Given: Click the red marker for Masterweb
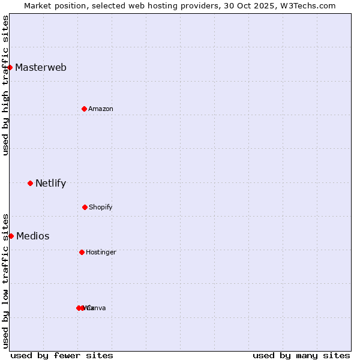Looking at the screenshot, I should (x=10, y=67).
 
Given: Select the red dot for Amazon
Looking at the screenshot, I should (x=85, y=109).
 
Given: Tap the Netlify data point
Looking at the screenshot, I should (x=30, y=183).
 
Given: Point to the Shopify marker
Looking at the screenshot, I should (x=85, y=207).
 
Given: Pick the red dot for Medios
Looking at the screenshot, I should (x=11, y=236).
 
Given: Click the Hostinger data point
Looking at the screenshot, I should (x=82, y=252).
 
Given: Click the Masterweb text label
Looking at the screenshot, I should (x=41, y=67).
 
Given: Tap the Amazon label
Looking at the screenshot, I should (x=101, y=109).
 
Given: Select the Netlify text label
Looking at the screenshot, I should (x=50, y=183).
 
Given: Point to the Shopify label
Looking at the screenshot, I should (x=101, y=207).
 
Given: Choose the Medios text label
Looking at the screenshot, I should (x=33, y=236).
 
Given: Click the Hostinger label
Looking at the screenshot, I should (x=101, y=252).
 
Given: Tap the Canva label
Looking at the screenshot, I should (x=97, y=308).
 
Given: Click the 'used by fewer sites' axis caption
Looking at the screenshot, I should (x=62, y=355).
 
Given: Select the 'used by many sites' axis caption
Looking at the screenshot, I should (x=301, y=355).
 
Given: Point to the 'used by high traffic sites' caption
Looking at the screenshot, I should (x=5, y=85).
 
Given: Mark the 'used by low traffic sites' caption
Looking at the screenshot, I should (x=5, y=280).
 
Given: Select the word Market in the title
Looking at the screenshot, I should (x=38, y=5).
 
